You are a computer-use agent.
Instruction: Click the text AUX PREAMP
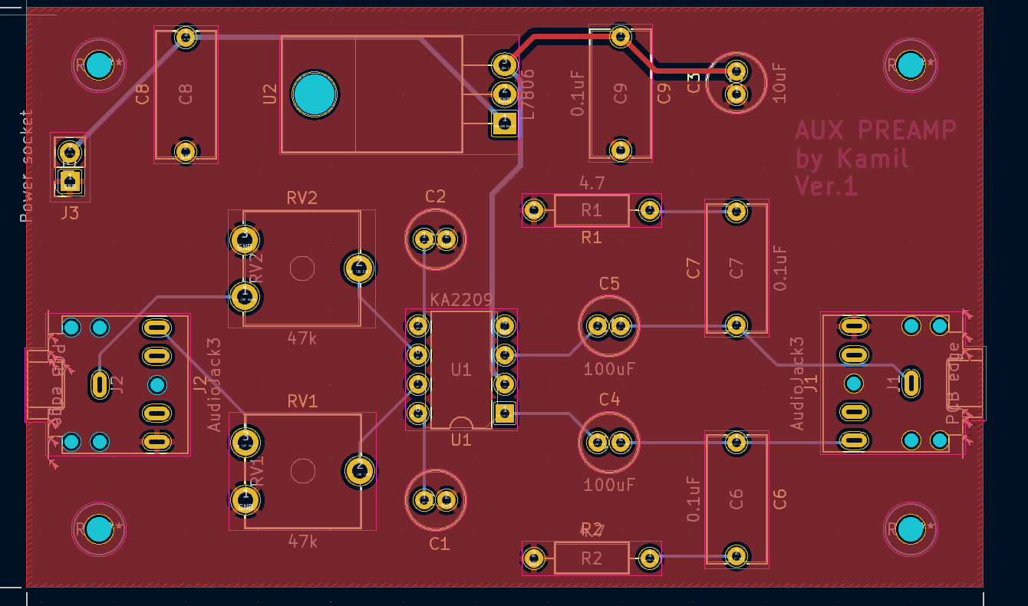pos(875,130)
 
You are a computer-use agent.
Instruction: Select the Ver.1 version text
pos(826,186)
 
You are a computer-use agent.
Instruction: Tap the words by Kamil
pos(852,158)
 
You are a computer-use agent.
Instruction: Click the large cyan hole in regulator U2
pos(315,94)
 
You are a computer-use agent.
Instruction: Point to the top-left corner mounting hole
pos(98,65)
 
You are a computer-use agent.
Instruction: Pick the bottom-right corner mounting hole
pos(910,529)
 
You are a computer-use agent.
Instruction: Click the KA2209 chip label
pos(460,300)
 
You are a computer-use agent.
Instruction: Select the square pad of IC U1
pos(504,413)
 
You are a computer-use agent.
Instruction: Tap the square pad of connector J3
pos(70,181)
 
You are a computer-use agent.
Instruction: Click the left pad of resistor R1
pos(535,209)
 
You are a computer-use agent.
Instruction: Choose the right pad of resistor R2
pos(649,558)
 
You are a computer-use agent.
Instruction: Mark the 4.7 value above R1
pos(591,183)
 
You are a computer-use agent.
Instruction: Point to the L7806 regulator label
pos(528,93)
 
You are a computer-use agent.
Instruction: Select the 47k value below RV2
pos(302,338)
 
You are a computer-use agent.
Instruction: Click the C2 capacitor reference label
pos(435,196)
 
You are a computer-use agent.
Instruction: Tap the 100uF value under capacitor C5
pos(609,369)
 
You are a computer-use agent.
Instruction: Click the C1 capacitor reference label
pos(439,544)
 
